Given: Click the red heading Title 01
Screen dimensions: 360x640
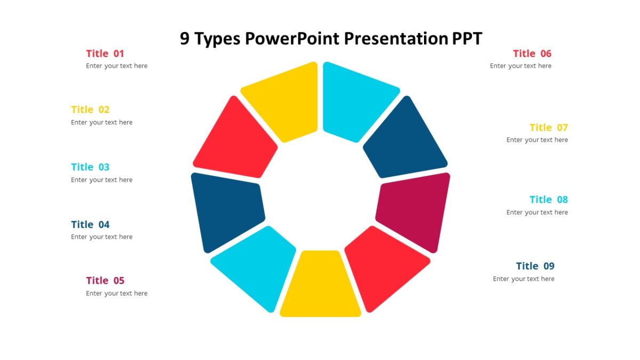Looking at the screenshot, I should click(105, 53).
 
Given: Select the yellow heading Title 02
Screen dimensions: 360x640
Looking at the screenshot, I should click(90, 109).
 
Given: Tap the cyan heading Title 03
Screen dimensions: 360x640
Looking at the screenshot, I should click(90, 167).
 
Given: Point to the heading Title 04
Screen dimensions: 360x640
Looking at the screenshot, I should click(90, 225).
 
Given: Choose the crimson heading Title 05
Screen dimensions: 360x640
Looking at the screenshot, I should click(105, 281).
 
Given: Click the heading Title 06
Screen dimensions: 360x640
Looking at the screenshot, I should click(532, 53).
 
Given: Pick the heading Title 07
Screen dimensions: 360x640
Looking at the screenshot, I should click(549, 127).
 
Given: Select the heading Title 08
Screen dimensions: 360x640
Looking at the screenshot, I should click(549, 199).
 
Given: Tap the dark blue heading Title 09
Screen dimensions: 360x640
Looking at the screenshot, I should click(535, 266).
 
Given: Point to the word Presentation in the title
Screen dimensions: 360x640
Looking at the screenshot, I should click(395, 39).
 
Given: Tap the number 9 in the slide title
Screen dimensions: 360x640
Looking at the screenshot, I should click(185, 39).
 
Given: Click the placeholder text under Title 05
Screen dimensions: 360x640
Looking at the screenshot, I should click(117, 293).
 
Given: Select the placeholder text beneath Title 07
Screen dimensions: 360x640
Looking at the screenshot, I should click(537, 140).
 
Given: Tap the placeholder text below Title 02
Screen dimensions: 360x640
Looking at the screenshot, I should click(102, 122).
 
